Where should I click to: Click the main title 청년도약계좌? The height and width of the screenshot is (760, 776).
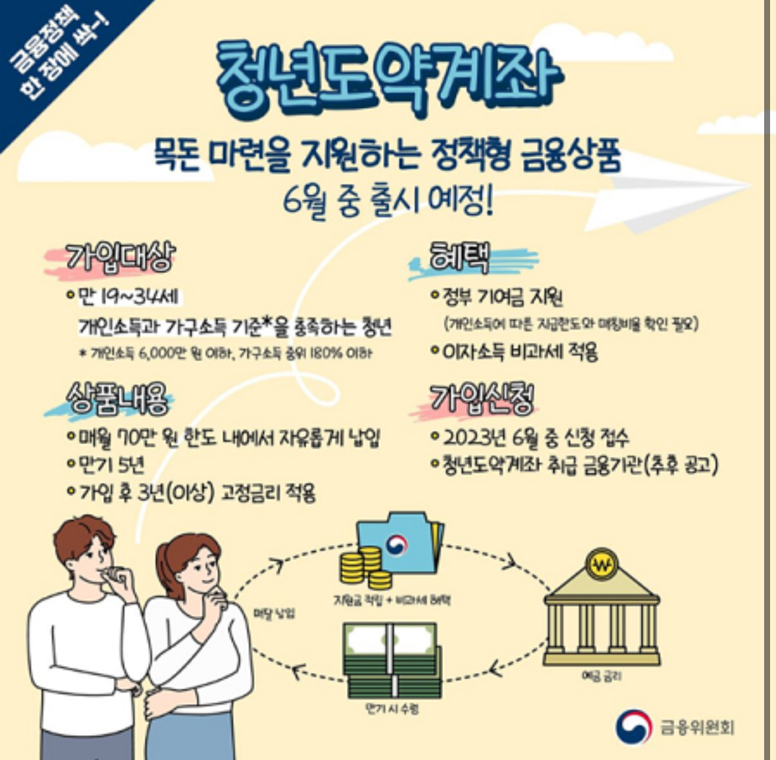coord(388,78)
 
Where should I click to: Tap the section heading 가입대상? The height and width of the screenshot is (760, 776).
coord(120,257)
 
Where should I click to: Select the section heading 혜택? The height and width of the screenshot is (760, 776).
coord(459,257)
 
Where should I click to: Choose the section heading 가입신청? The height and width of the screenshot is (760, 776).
coord(481,398)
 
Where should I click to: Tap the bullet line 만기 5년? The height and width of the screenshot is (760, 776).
coord(111,465)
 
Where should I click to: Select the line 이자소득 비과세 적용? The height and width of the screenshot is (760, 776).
coord(520,352)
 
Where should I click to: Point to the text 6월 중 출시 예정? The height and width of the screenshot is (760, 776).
coord(388,200)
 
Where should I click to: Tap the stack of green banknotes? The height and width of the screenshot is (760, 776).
coord(392,661)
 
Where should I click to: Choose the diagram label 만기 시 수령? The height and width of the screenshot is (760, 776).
coord(392,709)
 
